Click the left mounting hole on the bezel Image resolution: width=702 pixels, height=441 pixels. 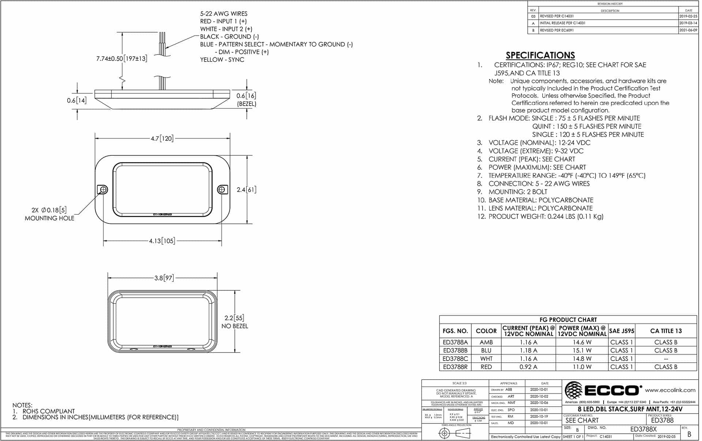pyautogui.click(x=103, y=189)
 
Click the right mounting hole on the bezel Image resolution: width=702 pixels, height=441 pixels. pyautogui.click(x=222, y=189)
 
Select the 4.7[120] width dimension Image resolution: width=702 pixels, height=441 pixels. pyautogui.click(x=162, y=138)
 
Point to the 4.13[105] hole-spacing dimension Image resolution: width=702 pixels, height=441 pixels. pyautogui.click(x=162, y=241)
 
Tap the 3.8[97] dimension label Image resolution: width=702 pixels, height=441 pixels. pyautogui.click(x=164, y=278)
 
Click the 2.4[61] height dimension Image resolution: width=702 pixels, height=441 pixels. pyautogui.click(x=246, y=189)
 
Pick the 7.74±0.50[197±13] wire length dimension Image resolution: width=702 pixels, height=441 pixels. pyautogui.click(x=122, y=59)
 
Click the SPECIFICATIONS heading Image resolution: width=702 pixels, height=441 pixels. pyautogui.click(x=540, y=55)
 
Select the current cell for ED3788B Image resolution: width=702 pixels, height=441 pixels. pyautogui.click(x=528, y=350)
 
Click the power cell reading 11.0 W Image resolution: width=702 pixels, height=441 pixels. pyautogui.click(x=582, y=367)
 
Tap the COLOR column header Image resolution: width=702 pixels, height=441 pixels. pyautogui.click(x=486, y=331)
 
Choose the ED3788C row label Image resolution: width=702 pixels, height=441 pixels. pyautogui.click(x=455, y=359)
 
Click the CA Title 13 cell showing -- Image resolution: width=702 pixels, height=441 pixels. pyautogui.click(x=665, y=359)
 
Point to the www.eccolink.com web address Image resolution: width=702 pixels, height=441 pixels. pyautogui.click(x=670, y=390)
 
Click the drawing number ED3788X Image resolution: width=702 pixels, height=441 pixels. pyautogui.click(x=643, y=429)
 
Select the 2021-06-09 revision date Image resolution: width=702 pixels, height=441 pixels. pyautogui.click(x=688, y=30)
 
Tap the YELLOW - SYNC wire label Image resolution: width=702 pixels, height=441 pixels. pyautogui.click(x=222, y=60)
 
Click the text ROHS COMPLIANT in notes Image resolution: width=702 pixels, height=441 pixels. pyautogui.click(x=49, y=411)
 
